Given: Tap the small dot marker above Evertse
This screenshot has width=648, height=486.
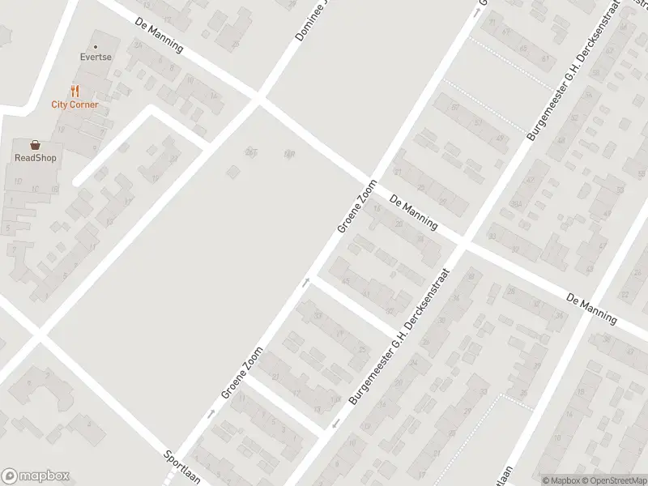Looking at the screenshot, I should coord(96,47).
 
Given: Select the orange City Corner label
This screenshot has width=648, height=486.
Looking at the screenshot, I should coord(75,104).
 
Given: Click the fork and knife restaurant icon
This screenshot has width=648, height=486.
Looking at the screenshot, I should coord(75,91).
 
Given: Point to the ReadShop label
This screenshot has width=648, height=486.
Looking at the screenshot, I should coord(35,158).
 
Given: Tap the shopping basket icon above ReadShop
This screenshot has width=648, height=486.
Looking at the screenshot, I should coord(35,145).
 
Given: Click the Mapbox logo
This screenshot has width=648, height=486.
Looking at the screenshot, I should coord(36,475).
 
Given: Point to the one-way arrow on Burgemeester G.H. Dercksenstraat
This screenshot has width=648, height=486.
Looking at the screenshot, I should coord(335,424).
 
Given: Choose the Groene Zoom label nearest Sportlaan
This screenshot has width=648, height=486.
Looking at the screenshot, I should coord(242,373).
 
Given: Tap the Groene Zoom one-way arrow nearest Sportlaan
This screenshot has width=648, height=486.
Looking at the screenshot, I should coord(210,413).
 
